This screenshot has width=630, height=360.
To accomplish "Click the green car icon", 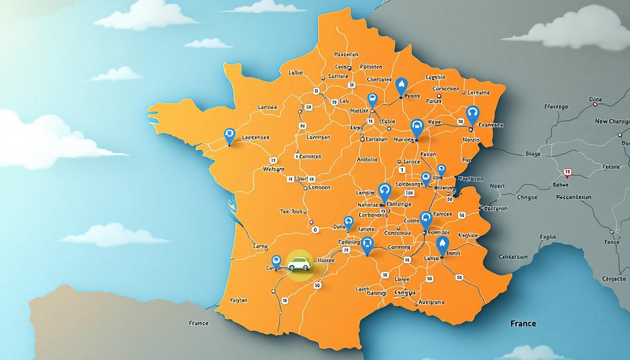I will coord(299,264).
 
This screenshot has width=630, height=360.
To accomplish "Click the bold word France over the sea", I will coord(524,323).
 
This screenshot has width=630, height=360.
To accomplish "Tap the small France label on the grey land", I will coord(198,323).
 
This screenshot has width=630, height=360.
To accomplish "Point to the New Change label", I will coord(612,121).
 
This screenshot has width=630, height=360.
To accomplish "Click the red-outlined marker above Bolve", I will coord(567,172).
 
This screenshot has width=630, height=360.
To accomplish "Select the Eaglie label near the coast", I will coord(547,237).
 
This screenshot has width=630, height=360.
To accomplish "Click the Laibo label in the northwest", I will coord(295,73).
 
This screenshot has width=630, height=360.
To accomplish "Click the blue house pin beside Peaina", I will coord(401,86).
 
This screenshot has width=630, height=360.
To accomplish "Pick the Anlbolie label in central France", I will coord(367,159).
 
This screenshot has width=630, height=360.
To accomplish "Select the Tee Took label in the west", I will coord(291,211).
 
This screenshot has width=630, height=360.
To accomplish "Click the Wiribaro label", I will coord(274,169).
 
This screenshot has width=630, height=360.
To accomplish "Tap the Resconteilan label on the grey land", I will coord(573,197).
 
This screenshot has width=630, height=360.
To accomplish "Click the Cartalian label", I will coord(376,139).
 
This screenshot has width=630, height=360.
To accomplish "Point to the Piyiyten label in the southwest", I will coord(239,300).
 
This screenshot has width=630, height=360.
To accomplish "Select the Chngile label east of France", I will coord(527,197).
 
